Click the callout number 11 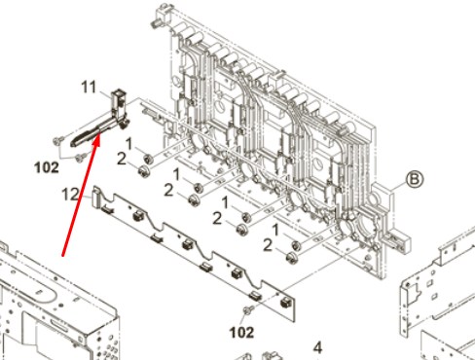point(89,87)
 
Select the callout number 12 point(70,195)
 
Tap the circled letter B point(415,179)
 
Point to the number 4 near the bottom point(318,347)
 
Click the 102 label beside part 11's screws point(47,167)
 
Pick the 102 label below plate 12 point(241,333)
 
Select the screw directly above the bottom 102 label point(248,310)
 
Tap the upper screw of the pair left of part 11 point(58,140)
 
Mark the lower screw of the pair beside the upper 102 point(80,158)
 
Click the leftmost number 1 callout point(128,144)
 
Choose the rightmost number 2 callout point(268,245)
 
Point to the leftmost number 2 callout point(122,159)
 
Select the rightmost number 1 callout point(275,231)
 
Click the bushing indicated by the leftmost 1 point(148,159)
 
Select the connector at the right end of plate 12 point(285,303)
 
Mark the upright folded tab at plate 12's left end point(96,197)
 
